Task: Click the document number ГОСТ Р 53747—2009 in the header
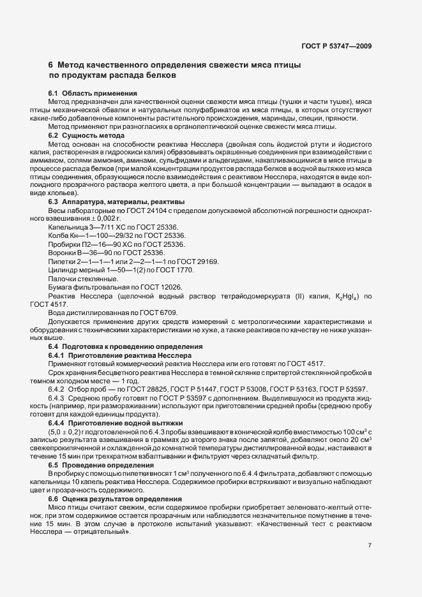coord(336,46)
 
